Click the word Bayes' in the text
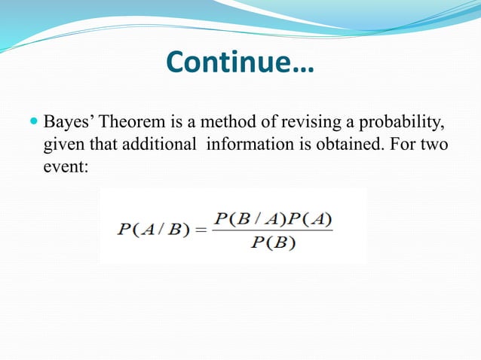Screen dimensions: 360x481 (x=70, y=121)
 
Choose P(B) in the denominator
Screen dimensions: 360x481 (x=273, y=244)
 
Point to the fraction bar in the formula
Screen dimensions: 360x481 (x=272, y=231)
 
